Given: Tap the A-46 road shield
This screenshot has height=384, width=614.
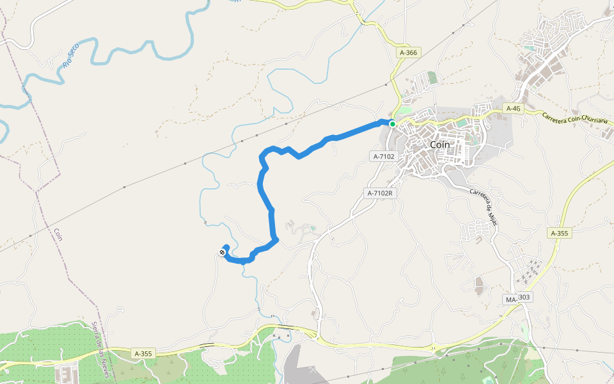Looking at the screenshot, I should [x=514, y=109].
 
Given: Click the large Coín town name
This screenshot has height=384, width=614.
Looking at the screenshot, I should [x=440, y=145].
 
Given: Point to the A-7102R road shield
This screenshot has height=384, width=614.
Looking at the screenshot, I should [x=379, y=193].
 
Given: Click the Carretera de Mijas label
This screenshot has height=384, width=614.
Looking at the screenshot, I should [x=484, y=203].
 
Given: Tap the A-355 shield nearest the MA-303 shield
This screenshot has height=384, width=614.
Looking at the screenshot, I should [x=560, y=234].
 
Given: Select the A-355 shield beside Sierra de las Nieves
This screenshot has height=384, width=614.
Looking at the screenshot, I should [x=143, y=353].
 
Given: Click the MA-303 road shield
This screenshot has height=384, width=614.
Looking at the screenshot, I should [x=519, y=298].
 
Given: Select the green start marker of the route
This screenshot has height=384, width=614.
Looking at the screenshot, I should [x=392, y=124].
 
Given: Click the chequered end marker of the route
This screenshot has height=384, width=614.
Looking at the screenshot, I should [x=222, y=253].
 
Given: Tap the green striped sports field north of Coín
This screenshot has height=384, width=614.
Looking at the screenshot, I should [x=433, y=77].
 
